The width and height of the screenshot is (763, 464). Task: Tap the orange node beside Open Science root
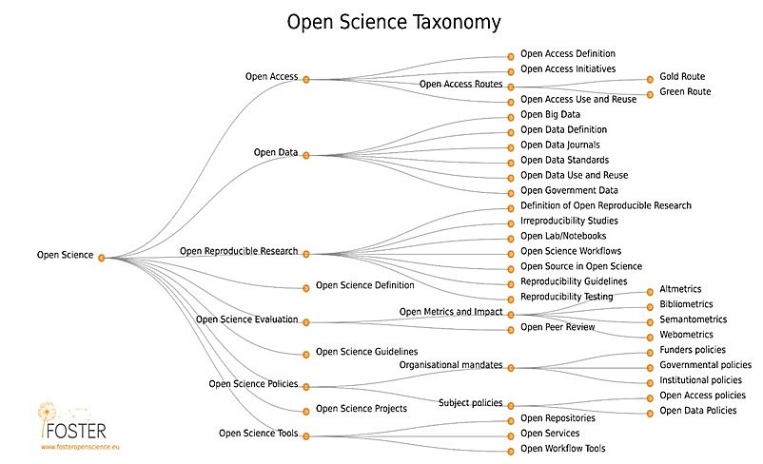[x=102, y=257]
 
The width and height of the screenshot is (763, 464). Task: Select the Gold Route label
[x=681, y=77]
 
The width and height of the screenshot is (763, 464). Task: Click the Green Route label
[x=684, y=92]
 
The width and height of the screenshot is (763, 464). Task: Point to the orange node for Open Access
[x=305, y=80]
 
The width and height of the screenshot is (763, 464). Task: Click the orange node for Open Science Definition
[x=305, y=287]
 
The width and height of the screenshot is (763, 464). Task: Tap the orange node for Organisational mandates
[x=511, y=367]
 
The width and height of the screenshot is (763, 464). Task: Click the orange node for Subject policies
[x=511, y=404]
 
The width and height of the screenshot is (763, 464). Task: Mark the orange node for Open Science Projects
[x=305, y=411]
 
